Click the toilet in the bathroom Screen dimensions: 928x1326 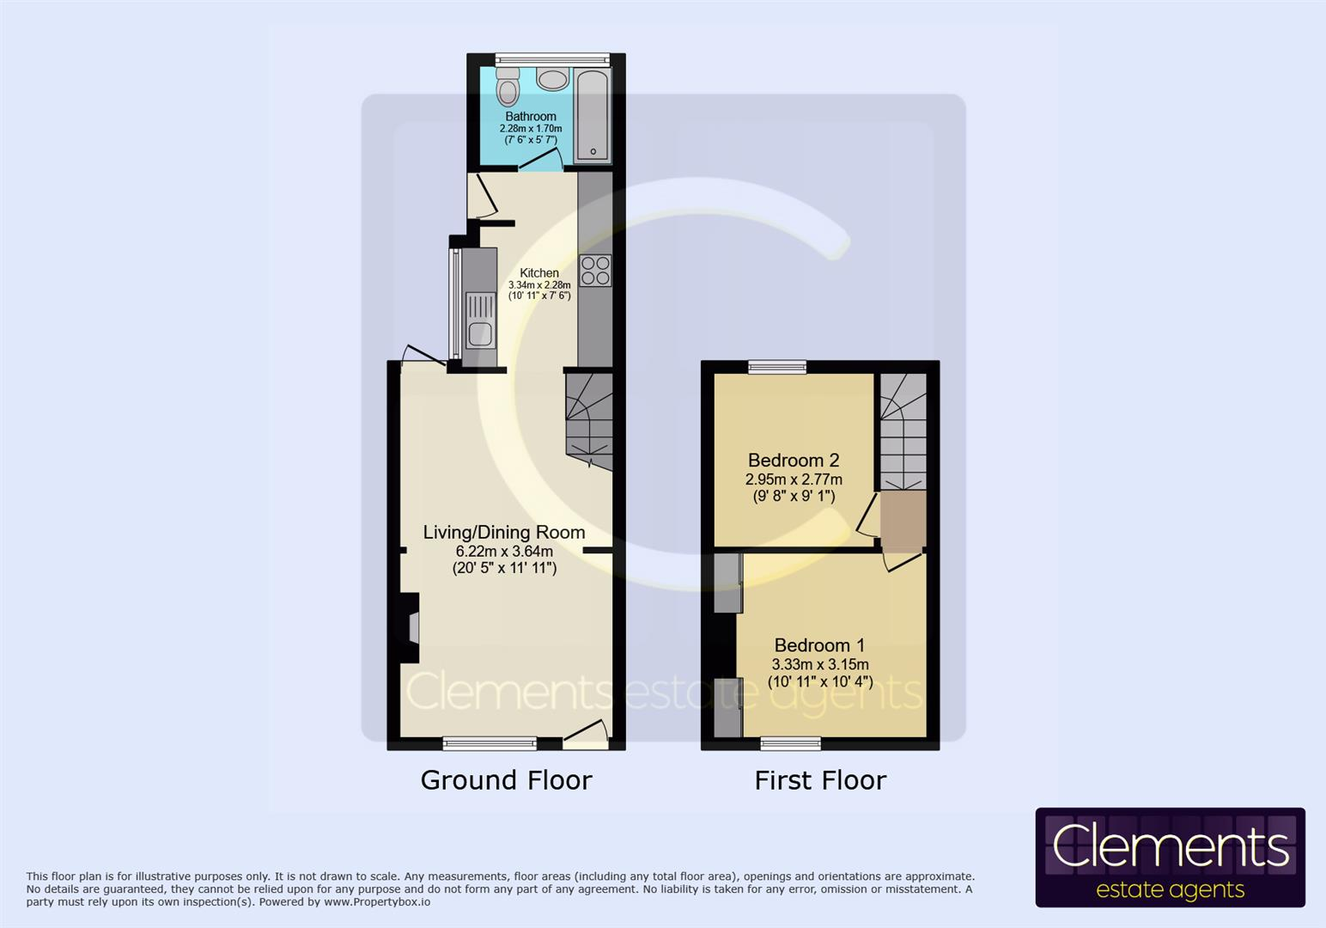pyautogui.click(x=508, y=88)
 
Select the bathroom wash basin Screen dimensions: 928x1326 pyautogui.click(x=552, y=79)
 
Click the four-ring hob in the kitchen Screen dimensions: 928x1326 pyautogui.click(x=595, y=271)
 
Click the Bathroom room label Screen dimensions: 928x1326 pyautogui.click(x=531, y=116)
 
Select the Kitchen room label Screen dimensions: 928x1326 pyautogui.click(x=539, y=272)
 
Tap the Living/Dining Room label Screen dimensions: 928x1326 pyautogui.click(x=504, y=532)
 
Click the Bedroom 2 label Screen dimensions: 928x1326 pyautogui.click(x=793, y=461)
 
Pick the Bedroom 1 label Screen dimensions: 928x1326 pyautogui.click(x=819, y=645)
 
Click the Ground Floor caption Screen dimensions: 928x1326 pyautogui.click(x=506, y=780)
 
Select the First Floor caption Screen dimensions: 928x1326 pyautogui.click(x=820, y=780)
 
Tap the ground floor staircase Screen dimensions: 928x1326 pyautogui.click(x=588, y=418)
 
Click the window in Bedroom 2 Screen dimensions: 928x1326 pyautogui.click(x=777, y=368)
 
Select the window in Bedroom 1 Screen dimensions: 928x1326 pyautogui.click(x=790, y=742)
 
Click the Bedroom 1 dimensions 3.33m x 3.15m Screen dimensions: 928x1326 pyautogui.click(x=819, y=664)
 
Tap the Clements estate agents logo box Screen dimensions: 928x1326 pyautogui.click(x=1170, y=858)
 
